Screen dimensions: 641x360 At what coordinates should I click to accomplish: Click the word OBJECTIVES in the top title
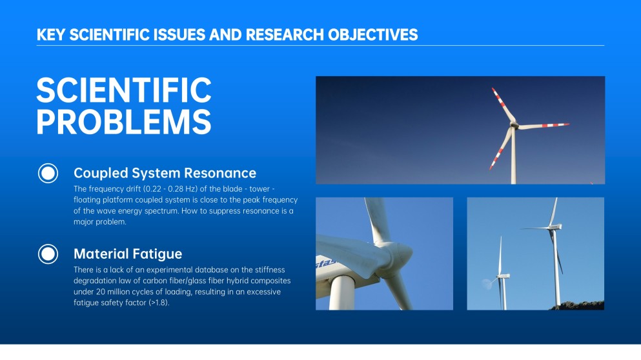point(373,35)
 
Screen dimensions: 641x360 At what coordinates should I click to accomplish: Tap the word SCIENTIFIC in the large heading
point(124,90)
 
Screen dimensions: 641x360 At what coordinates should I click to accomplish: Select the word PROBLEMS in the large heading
point(124,122)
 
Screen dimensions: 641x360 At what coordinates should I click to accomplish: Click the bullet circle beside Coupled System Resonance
point(48,173)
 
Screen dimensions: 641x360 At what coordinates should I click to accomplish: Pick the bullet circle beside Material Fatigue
point(48,254)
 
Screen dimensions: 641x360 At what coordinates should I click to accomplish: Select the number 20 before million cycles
point(100,292)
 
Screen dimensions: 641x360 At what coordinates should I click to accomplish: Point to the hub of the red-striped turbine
point(514,125)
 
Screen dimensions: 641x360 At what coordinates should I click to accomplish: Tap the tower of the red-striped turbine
point(513,156)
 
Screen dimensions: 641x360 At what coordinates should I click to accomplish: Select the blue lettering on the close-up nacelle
point(326,263)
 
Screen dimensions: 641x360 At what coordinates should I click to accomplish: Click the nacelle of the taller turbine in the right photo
point(555,226)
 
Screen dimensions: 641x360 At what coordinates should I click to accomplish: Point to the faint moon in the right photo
point(487,284)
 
